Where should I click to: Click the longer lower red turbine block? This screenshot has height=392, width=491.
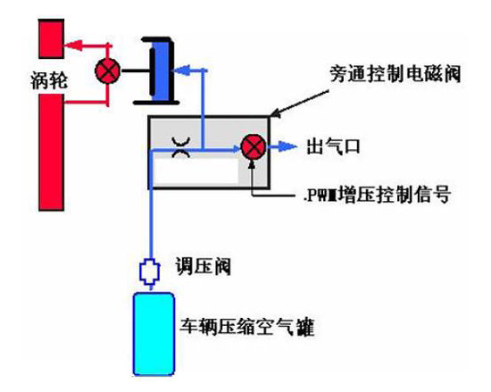(x=51, y=151)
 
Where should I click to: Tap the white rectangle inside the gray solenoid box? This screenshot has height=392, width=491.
(x=196, y=171)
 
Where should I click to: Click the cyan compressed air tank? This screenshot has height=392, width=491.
(x=154, y=332)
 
